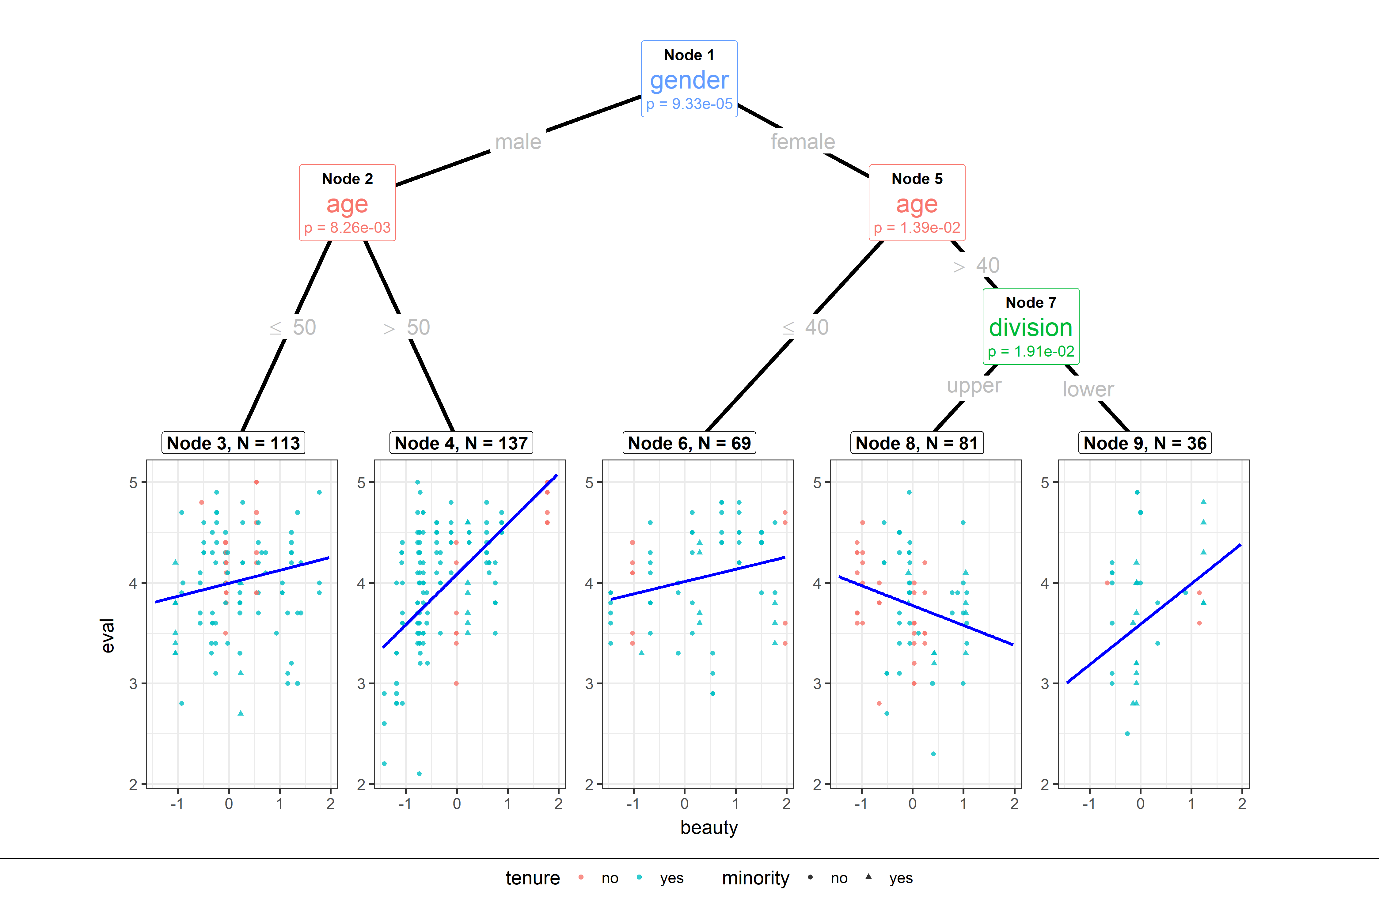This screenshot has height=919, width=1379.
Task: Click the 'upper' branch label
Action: [974, 386]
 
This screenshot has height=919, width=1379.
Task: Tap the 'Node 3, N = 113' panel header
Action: [233, 443]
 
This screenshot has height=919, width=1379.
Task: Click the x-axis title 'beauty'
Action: [709, 828]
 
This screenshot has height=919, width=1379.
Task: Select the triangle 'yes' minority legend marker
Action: [868, 877]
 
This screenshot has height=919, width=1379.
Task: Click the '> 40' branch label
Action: [977, 266]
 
